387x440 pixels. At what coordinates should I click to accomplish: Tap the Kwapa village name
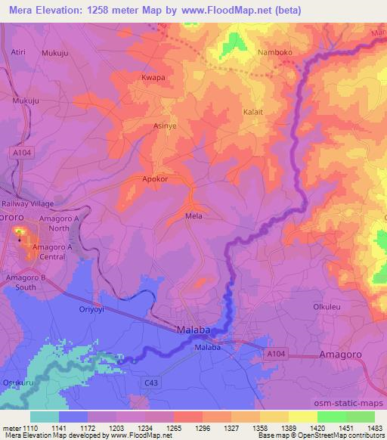[153, 78]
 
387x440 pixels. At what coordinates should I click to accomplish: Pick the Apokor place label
[154, 179]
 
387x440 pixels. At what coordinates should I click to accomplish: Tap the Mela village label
[193, 215]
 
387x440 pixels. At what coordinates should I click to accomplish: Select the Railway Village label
[30, 203]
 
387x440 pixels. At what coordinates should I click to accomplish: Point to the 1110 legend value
[30, 427]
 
